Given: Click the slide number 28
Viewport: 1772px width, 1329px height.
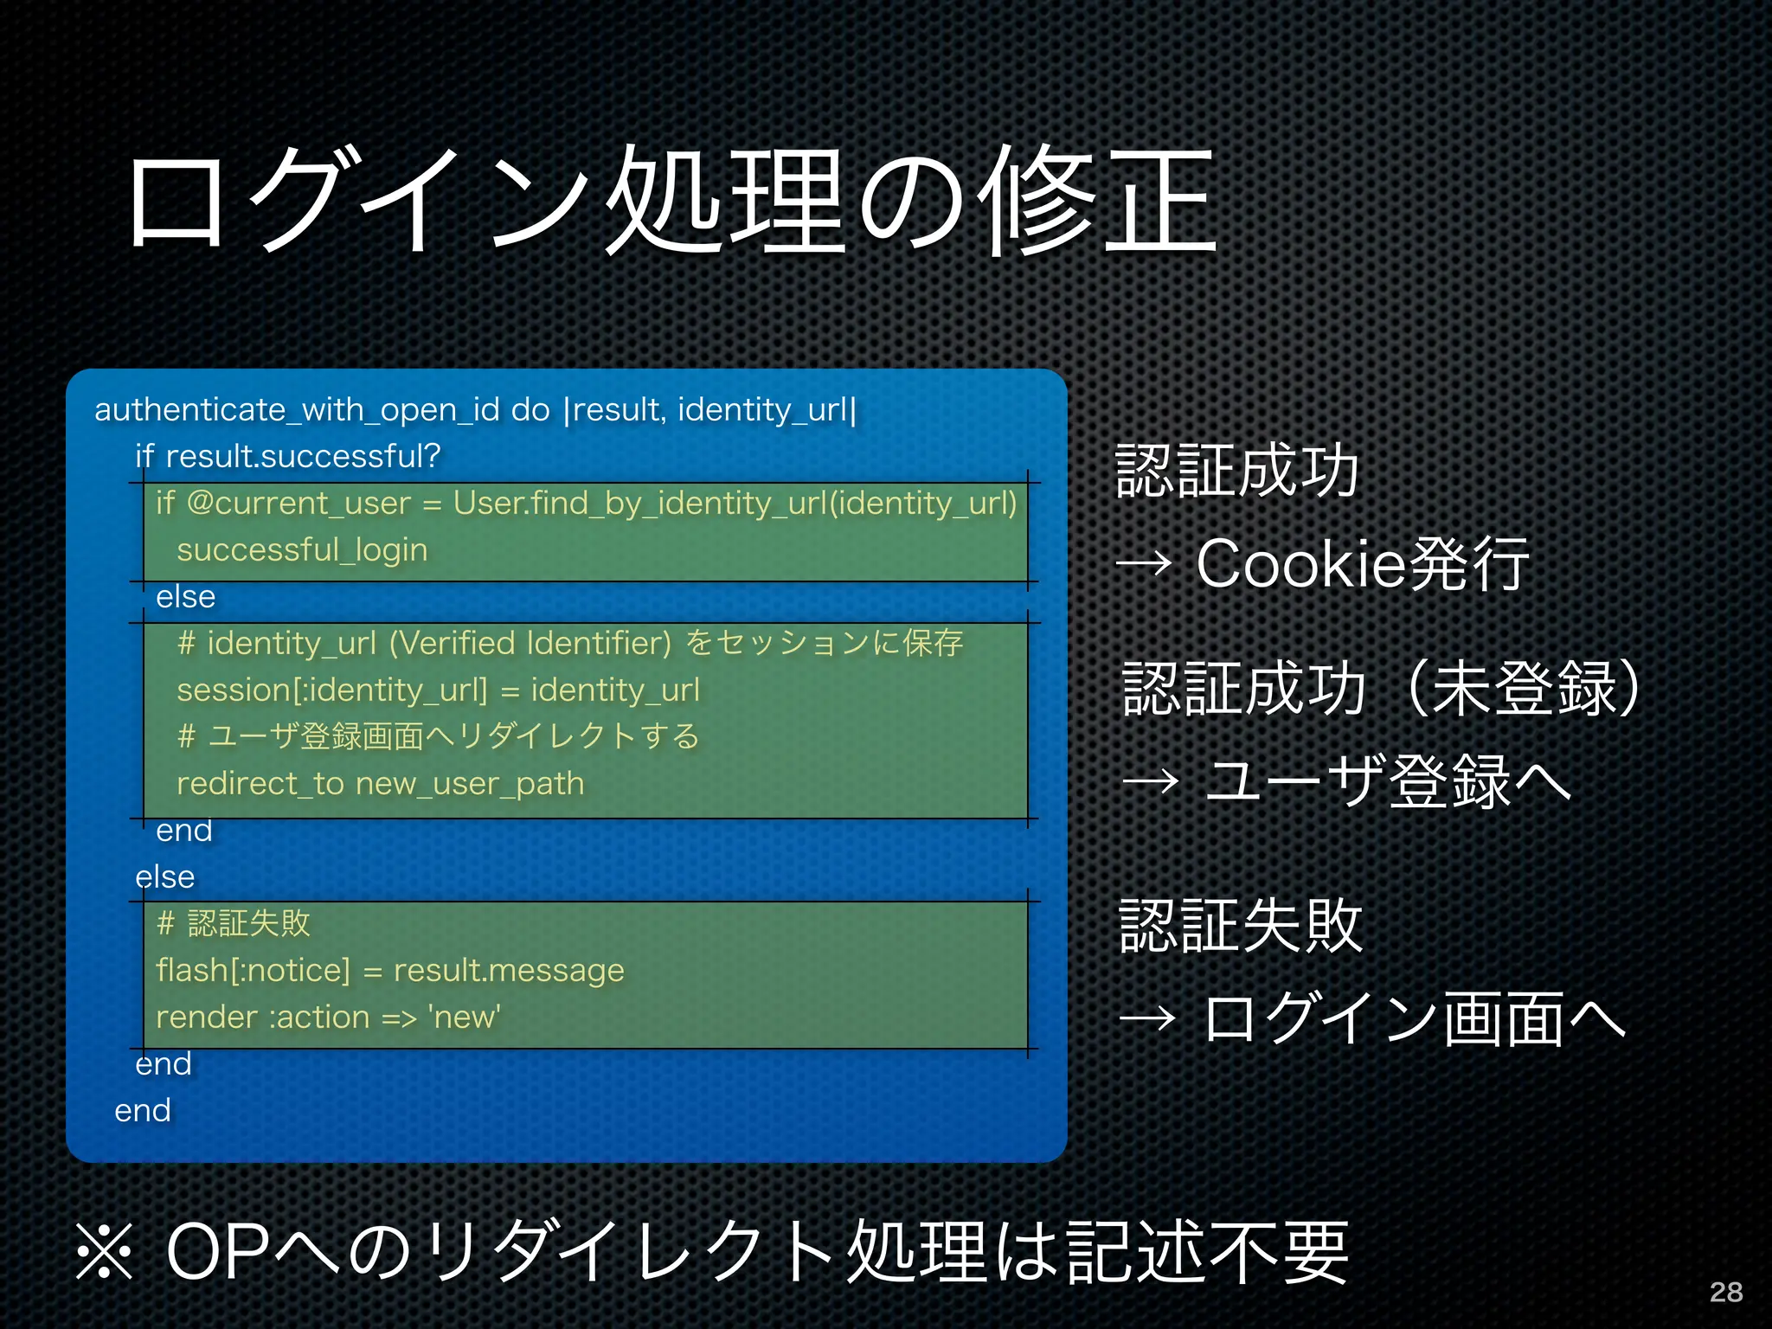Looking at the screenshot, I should pos(1725,1292).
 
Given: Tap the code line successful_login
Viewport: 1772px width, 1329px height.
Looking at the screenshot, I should pos(302,550).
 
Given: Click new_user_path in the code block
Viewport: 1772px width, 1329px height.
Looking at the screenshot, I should pos(470,784).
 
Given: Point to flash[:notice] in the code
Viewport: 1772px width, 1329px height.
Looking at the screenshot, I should pos(253,971).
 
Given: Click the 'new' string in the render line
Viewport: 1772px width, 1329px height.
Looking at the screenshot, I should pos(465,1018).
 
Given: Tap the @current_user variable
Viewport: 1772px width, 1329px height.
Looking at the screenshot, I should pos(299,504).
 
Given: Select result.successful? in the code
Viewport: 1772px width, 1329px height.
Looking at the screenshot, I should pos(303,457).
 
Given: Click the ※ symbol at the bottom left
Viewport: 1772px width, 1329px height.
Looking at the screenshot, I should pos(105,1252).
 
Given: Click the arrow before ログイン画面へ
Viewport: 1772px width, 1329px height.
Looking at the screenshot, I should pos(1148,1018).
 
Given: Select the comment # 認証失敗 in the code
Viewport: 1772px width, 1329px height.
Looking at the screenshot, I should pos(233,923).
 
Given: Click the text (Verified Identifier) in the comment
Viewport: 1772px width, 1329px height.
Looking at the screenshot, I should pos(530,644).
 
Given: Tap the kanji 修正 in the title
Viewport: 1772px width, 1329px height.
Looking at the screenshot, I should pos(1099,201).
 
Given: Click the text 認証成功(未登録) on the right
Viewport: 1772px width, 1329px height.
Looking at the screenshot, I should pos(1379,690).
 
